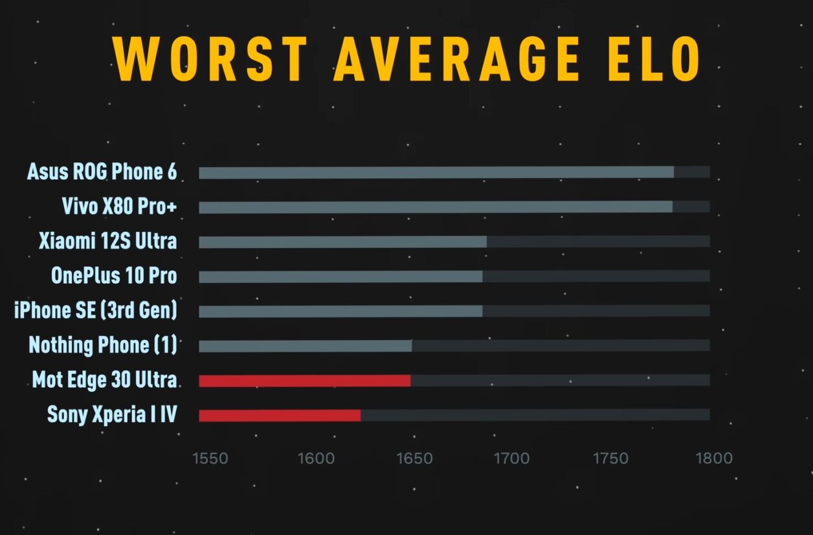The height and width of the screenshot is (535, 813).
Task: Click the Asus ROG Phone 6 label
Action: click(x=102, y=172)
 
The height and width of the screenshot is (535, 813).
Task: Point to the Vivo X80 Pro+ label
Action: click(x=119, y=207)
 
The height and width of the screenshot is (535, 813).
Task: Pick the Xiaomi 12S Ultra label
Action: click(x=107, y=241)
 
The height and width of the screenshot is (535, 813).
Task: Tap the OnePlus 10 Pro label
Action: click(x=114, y=276)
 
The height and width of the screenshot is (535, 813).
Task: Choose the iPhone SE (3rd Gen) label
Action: click(x=95, y=310)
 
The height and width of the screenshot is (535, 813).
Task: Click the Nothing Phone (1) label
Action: click(x=102, y=345)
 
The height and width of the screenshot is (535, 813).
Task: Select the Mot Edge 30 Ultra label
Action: click(x=104, y=380)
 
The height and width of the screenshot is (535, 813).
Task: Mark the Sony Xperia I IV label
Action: click(x=112, y=414)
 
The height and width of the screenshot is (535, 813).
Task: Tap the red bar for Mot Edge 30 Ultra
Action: click(x=304, y=380)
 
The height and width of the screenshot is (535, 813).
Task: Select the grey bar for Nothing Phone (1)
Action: click(x=305, y=346)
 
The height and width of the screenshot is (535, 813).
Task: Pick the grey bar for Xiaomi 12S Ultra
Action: click(x=342, y=242)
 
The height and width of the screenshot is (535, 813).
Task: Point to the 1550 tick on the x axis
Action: click(x=210, y=459)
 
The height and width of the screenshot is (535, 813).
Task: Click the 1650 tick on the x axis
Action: click(x=414, y=459)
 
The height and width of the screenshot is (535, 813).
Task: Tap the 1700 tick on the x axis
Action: click(x=511, y=459)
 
